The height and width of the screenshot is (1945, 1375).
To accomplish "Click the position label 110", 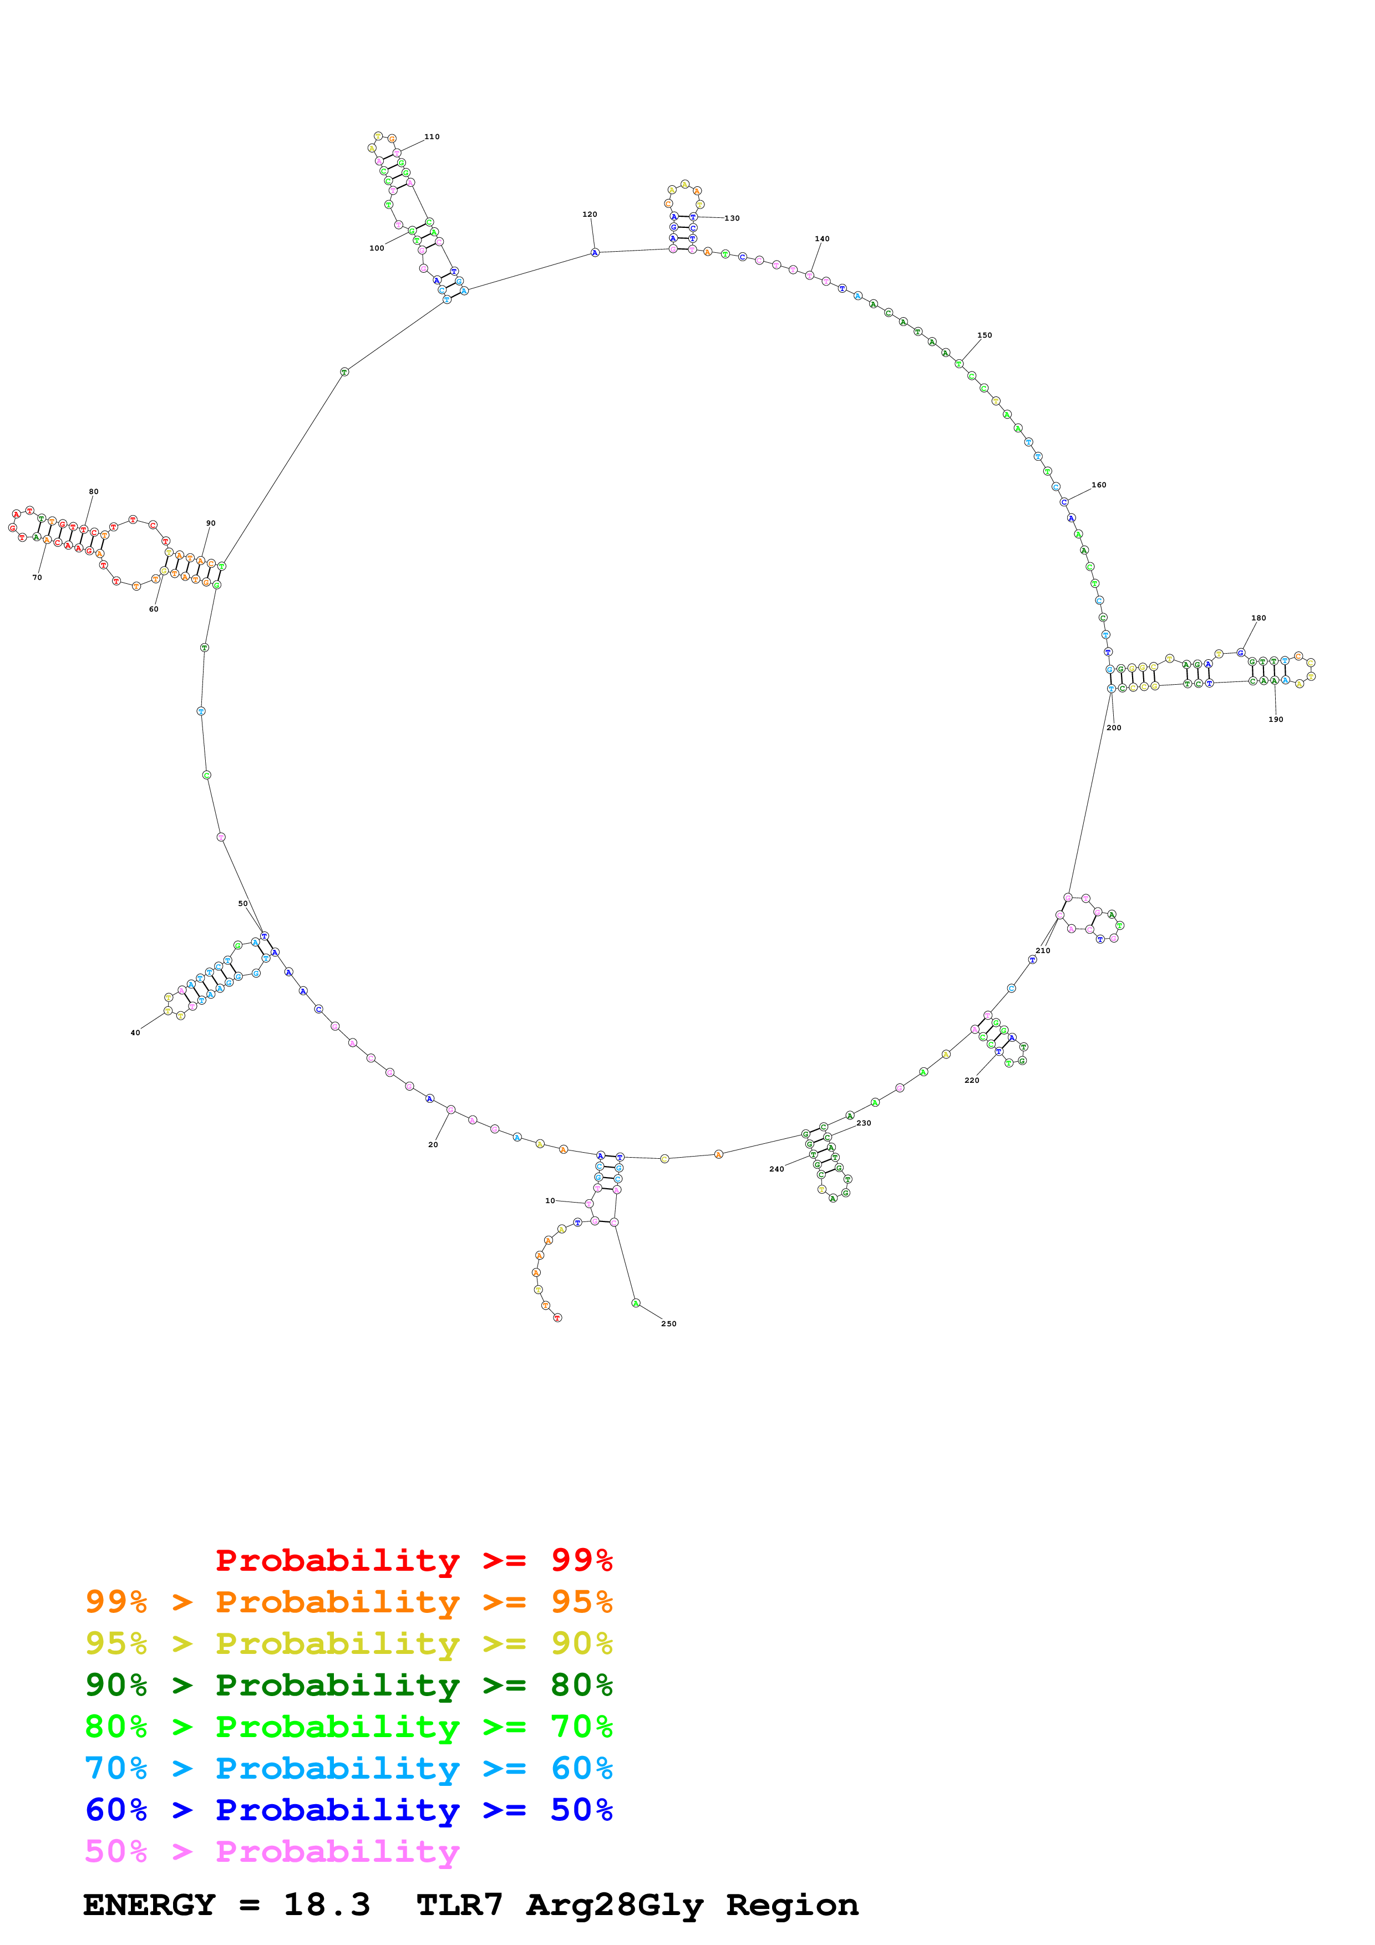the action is [x=432, y=136].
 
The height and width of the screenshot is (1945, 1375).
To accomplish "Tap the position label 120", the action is [x=590, y=215].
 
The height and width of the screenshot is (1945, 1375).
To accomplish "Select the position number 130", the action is [x=732, y=218].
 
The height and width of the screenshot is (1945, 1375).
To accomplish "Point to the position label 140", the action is [x=822, y=239].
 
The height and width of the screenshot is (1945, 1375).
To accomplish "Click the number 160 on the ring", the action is [x=1099, y=485].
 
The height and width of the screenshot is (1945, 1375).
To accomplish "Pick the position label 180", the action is [x=1259, y=618].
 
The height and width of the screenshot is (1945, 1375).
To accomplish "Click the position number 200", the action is [x=1114, y=727].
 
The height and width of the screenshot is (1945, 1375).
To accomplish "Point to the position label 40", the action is [x=135, y=1032].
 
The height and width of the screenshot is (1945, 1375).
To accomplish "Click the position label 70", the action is [x=37, y=578].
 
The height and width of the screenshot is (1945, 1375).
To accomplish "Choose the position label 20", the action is [x=433, y=1144].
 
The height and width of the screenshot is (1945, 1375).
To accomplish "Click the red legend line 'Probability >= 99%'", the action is [x=413, y=1560].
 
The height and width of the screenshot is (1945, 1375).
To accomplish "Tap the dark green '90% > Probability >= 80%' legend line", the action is [x=349, y=1685].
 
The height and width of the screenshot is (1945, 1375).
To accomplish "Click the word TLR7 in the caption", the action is [x=460, y=1905].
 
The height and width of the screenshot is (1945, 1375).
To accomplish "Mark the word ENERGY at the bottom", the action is [x=149, y=1905].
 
